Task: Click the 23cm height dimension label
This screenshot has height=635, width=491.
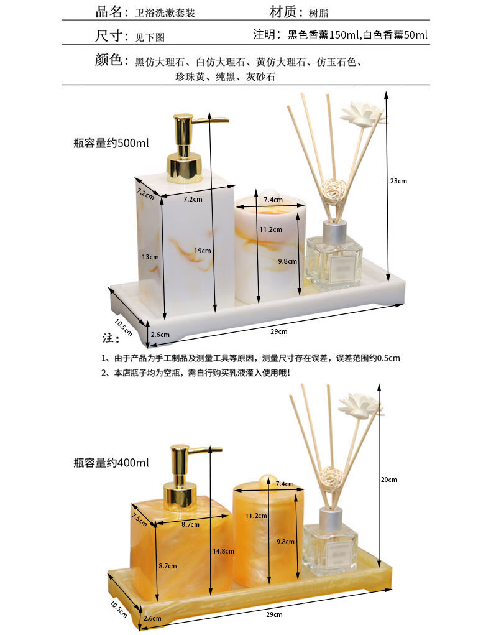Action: pyautogui.click(x=398, y=181)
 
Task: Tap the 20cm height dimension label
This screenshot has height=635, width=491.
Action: pyautogui.click(x=388, y=480)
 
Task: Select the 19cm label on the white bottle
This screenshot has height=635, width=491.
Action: pyautogui.click(x=203, y=251)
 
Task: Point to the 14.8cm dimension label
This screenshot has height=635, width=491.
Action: pyautogui.click(x=224, y=551)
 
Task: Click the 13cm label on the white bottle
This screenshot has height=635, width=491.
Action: pyautogui.click(x=150, y=257)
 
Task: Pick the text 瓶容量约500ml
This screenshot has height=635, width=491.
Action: pyautogui.click(x=111, y=143)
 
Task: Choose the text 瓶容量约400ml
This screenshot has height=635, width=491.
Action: pyautogui.click(x=111, y=463)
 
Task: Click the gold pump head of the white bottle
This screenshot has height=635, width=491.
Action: pyautogui.click(x=190, y=148)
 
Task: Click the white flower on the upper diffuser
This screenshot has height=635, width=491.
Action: pyautogui.click(x=362, y=112)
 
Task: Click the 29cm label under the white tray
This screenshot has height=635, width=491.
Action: pyautogui.click(x=279, y=331)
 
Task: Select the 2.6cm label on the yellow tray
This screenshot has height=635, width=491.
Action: pyautogui.click(x=153, y=618)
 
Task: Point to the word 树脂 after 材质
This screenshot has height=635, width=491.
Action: pyautogui.click(x=319, y=13)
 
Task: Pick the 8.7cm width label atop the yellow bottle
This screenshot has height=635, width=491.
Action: pyautogui.click(x=190, y=524)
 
